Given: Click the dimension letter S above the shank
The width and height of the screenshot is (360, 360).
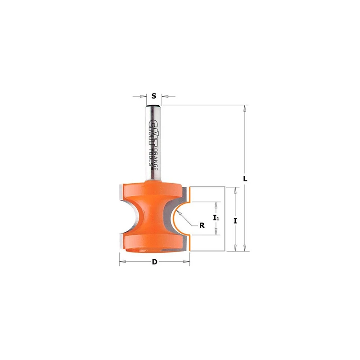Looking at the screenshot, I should (154, 96).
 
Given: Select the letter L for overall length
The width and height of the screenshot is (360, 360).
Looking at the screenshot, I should (245, 178).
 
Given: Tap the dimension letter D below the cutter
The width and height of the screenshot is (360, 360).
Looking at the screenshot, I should (154, 262).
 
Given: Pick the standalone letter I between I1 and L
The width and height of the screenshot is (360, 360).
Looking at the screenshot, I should (235, 220).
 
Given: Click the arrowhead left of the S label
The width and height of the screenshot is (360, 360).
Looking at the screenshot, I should (144, 96).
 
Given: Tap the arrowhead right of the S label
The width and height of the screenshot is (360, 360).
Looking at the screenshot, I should (164, 96).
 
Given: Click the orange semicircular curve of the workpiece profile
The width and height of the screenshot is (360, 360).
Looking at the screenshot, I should (175, 218).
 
